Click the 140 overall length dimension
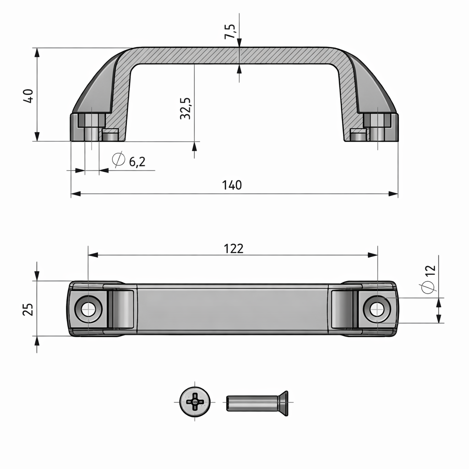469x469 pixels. click(x=232, y=185)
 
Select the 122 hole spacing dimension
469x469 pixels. click(x=234, y=248)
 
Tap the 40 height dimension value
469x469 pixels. click(x=28, y=96)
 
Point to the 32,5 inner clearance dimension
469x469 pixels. click(x=185, y=108)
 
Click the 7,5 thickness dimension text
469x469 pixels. click(x=230, y=32)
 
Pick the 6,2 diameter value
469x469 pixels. click(x=137, y=161)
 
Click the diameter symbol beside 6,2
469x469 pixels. click(x=118, y=159)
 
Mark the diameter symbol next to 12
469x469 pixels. click(x=427, y=287)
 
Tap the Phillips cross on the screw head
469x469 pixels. click(x=196, y=401)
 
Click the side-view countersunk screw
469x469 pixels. click(x=257, y=403)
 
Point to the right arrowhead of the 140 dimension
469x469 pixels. click(x=393, y=194)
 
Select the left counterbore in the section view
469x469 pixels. click(x=92, y=120)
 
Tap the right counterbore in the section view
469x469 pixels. click(x=377, y=120)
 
